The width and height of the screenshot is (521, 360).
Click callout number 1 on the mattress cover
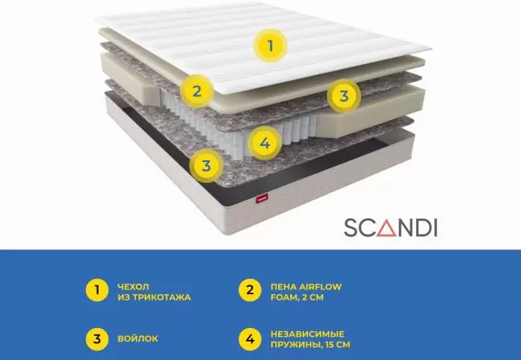270,46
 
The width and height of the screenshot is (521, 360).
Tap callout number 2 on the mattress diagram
196,91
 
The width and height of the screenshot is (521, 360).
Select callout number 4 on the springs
265,144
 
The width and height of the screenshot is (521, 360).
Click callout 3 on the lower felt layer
206,165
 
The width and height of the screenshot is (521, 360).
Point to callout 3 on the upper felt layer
344,96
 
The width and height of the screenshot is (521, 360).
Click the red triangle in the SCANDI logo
390,228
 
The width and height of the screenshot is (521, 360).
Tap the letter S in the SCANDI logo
352,228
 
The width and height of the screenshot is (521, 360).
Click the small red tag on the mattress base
262,199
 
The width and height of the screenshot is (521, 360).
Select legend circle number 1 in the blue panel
97,290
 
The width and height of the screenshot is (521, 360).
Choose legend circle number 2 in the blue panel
250,290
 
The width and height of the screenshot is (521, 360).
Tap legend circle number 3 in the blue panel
97,339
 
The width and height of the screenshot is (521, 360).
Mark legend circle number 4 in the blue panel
250,339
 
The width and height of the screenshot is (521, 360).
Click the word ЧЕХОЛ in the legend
133,286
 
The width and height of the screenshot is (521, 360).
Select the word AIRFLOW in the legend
321,286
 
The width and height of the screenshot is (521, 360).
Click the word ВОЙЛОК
138,338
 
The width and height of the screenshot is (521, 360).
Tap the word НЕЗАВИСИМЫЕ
307,334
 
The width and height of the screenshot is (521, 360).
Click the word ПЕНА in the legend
283,286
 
